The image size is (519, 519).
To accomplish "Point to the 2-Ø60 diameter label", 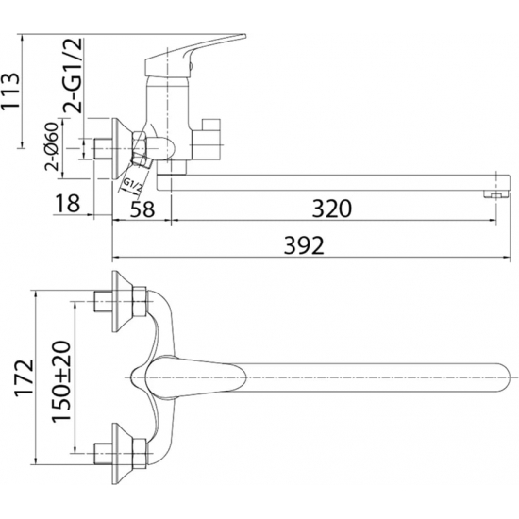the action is [x=52, y=146].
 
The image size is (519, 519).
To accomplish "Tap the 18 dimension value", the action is [x=67, y=203].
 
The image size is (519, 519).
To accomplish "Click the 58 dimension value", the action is [x=142, y=209].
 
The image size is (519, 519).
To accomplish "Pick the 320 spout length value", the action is [x=332, y=209].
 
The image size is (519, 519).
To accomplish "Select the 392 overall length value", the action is [x=304, y=245].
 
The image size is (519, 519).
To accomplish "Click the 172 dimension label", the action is [x=25, y=377].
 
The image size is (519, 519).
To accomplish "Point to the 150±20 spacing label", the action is [x=61, y=380].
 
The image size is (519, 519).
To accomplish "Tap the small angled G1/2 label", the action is [x=132, y=186].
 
